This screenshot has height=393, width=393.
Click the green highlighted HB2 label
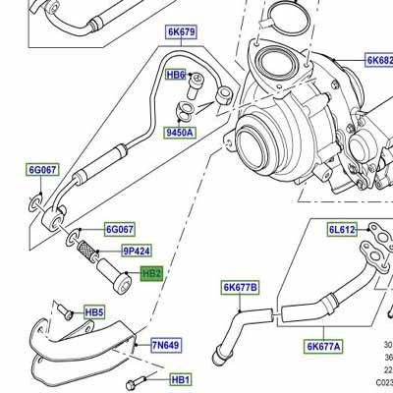tap(152, 274)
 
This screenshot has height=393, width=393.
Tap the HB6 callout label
tap(177, 75)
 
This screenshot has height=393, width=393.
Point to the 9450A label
tap(179, 131)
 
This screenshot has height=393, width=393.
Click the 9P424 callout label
tap(138, 252)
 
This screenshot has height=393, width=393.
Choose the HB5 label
tap(94, 312)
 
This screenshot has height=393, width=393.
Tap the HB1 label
tap(181, 379)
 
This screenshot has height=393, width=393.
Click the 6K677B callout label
tap(240, 288)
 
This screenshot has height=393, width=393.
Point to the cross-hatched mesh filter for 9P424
tap(87, 251)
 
